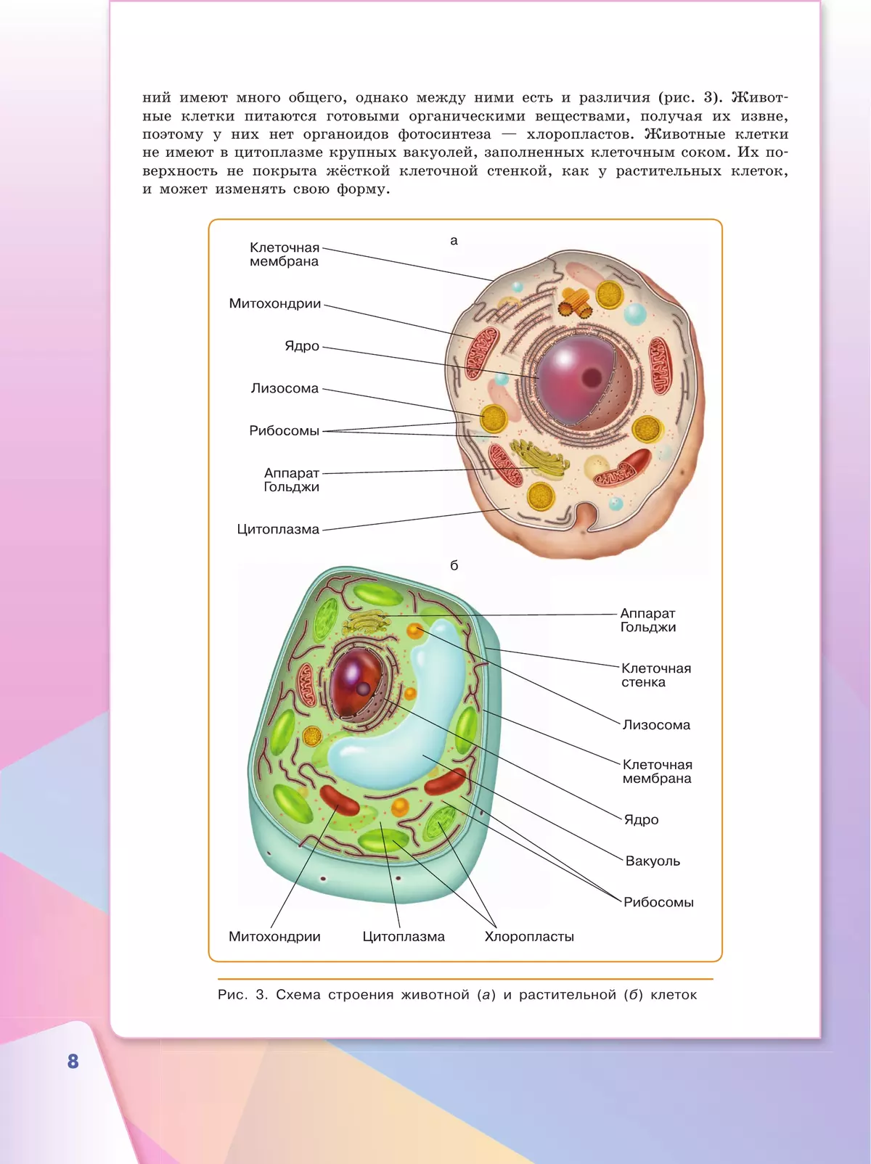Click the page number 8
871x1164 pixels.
[73, 1061]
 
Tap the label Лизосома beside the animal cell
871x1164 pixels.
[285, 389]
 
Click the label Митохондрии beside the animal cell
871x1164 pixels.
[275, 304]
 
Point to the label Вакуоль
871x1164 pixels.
[653, 861]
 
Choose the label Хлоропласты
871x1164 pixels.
[529, 937]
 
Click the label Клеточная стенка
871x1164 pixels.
[656, 675]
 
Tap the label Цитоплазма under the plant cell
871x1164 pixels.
[404, 937]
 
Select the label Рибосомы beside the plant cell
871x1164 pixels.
[658, 903]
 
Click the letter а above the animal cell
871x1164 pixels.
[454, 241]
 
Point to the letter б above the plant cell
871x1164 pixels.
[454, 565]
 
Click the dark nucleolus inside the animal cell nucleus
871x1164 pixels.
[591, 378]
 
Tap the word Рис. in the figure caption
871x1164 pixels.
[232, 995]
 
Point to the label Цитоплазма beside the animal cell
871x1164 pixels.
[278, 529]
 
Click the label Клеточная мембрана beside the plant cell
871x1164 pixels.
[657, 771]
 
